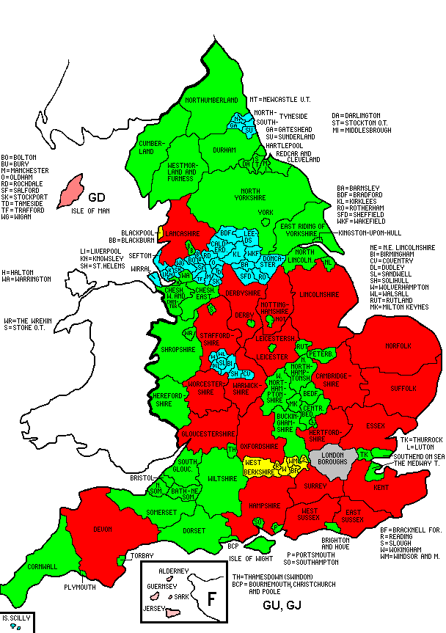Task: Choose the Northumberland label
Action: coord(211,99)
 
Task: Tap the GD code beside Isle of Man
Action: coord(98,197)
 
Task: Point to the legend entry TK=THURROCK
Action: coord(421,439)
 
